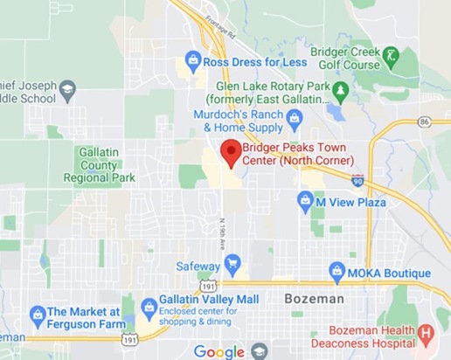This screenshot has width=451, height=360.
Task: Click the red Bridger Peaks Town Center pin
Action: pyautogui.click(x=231, y=152)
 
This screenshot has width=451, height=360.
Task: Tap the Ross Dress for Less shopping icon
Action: pyautogui.click(x=192, y=62)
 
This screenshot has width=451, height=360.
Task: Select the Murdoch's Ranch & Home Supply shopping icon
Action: pyautogui.click(x=294, y=116)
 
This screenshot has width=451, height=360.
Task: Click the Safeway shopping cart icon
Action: pyautogui.click(x=232, y=263)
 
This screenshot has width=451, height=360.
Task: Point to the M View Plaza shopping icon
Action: pyautogui.click(x=305, y=201)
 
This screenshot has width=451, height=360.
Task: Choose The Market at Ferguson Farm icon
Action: pyautogui.click(x=37, y=314)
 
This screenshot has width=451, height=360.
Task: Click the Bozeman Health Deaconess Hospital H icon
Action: pyautogui.click(x=426, y=332)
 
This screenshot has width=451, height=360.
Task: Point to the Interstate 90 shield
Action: pyautogui.click(x=358, y=180)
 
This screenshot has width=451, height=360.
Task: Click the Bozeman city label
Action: pyautogui.click(x=315, y=299)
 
